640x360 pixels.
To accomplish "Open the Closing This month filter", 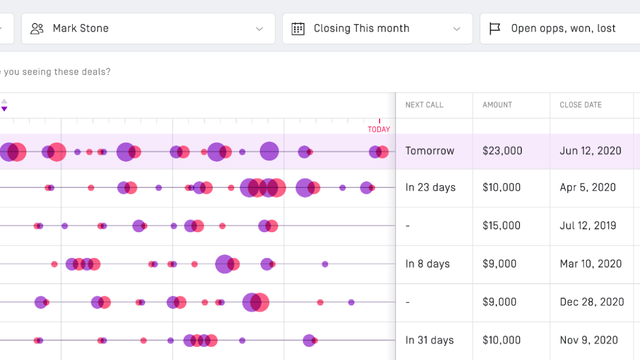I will tap(377, 29).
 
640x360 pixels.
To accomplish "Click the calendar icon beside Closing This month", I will tap(298, 29).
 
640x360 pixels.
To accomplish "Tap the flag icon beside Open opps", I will tap(495, 29).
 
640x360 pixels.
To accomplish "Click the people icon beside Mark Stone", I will tap(37, 29).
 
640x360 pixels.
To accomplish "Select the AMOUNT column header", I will tap(498, 104).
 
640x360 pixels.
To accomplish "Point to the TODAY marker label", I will tap(379, 129).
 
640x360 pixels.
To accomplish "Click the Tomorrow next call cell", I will tap(429, 151).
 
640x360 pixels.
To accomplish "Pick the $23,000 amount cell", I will tap(502, 151).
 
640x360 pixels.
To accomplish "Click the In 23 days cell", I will tap(428, 188).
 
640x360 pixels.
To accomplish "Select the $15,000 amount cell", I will tap(502, 226).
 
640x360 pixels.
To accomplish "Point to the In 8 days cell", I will tap(427, 264).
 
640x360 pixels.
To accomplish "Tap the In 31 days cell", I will tap(429, 340).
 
